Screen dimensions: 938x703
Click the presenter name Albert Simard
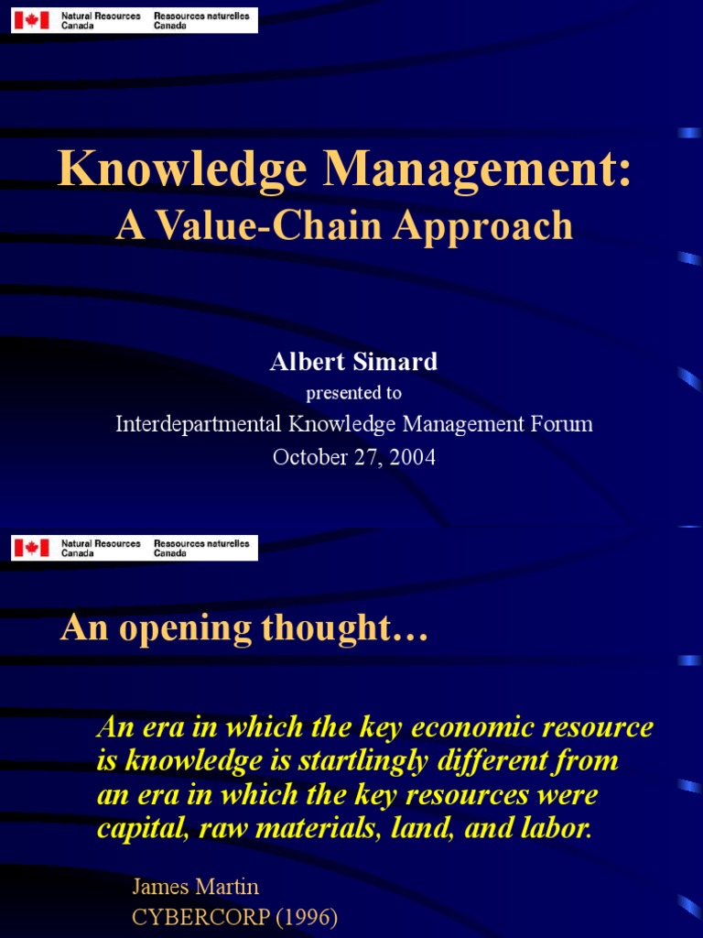coord(353,362)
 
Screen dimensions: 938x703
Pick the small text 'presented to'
coord(353,393)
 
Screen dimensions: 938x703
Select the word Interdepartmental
coord(199,424)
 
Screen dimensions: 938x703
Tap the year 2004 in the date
coord(410,457)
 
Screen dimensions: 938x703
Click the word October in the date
coord(309,457)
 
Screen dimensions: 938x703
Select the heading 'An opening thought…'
coord(244,628)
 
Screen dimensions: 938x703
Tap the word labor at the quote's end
coord(557,829)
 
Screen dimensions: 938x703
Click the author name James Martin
coord(196,887)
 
